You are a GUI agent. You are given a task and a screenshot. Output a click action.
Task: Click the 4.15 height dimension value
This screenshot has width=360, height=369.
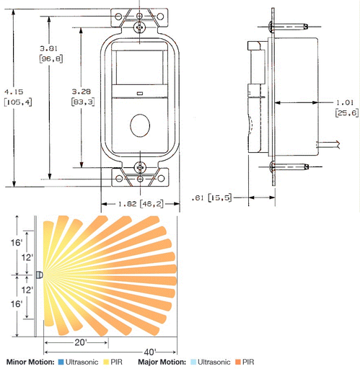point(14,92)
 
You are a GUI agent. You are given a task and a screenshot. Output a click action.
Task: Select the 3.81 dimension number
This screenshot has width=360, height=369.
point(48,48)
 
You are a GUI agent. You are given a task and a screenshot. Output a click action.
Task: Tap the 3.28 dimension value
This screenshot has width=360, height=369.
point(82,92)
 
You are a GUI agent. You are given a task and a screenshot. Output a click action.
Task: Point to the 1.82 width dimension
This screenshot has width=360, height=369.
point(128,204)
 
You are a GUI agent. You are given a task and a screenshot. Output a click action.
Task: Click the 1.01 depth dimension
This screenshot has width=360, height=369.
point(345,102)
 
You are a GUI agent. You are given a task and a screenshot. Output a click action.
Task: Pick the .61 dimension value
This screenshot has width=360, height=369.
point(198,198)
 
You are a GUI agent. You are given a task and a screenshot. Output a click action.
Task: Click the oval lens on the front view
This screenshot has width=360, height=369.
point(140,125)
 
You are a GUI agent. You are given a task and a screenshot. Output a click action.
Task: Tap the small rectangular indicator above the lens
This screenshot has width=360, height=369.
point(140,93)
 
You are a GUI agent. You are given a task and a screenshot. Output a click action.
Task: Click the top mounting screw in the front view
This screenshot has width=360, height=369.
point(139,27)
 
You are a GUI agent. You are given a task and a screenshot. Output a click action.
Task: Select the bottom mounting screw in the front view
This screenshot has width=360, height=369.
point(140,167)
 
